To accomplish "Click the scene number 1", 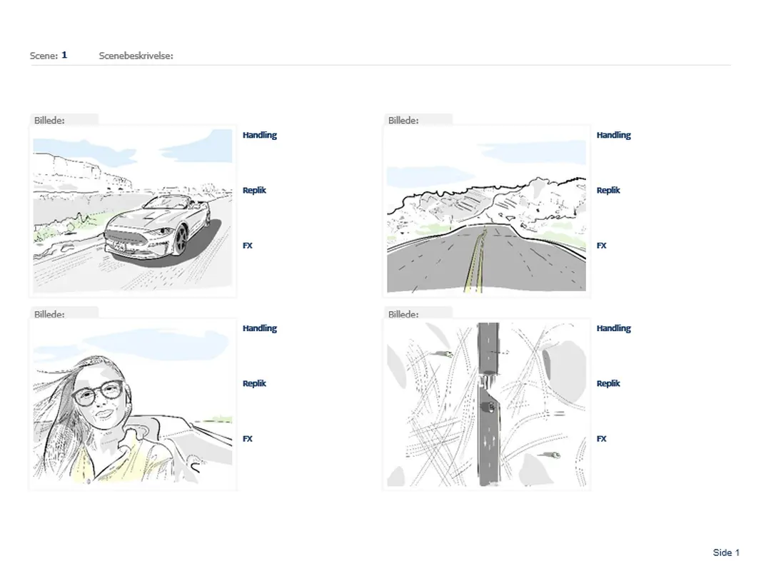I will click(x=64, y=55).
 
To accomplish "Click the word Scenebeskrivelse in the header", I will click(x=136, y=56).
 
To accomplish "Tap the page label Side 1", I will click(x=726, y=552).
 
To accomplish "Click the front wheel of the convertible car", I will click(x=180, y=241).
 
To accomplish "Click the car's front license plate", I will click(x=118, y=247).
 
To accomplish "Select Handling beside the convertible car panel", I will click(x=260, y=135).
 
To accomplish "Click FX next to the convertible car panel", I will click(x=248, y=246).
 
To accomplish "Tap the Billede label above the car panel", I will click(x=49, y=120).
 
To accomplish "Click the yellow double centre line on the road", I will click(x=473, y=264).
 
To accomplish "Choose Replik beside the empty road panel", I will click(x=608, y=190).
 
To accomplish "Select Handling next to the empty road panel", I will click(x=614, y=135).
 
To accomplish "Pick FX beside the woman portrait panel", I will click(x=248, y=439).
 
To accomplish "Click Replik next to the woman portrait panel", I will click(x=254, y=383).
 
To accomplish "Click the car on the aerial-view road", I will click(x=490, y=407).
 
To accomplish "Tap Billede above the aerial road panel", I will click(x=403, y=313).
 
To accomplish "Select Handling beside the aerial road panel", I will click(x=614, y=328).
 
